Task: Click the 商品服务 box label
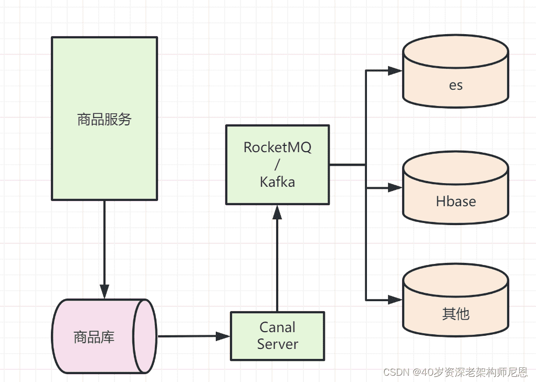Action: [x=104, y=120]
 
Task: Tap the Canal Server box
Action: [x=277, y=336]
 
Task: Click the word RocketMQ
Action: [x=277, y=147]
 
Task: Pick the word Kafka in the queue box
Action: [x=277, y=182]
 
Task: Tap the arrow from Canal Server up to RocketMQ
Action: [x=277, y=262]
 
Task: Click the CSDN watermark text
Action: [x=455, y=373]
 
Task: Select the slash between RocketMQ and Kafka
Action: [x=277, y=164]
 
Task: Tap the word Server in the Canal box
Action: [x=277, y=344]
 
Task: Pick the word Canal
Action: [x=277, y=327]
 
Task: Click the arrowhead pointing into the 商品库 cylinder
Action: [x=104, y=292]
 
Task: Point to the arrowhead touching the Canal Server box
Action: [x=224, y=336]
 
